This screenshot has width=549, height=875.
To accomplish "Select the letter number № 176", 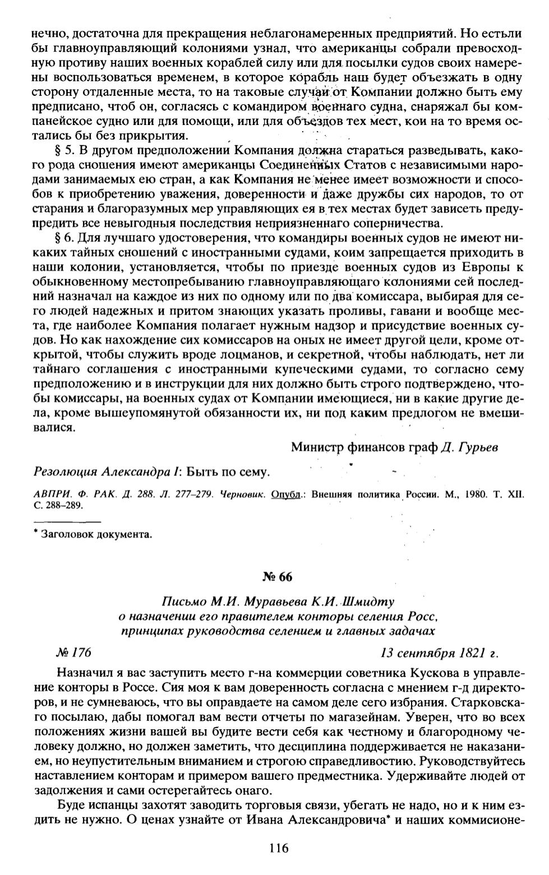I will pyautogui.click(x=73, y=653).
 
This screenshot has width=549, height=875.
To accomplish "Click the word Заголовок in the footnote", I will pyautogui.click(x=67, y=534).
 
